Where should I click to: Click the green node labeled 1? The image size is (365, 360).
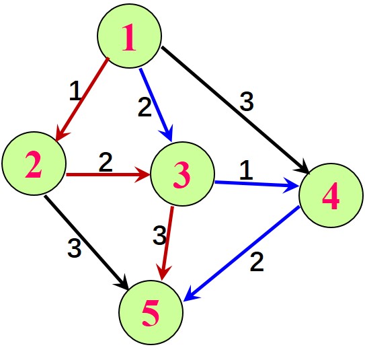[x=130, y=36]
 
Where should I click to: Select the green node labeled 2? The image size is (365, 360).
[x=34, y=164]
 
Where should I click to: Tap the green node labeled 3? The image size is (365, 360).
[x=183, y=174]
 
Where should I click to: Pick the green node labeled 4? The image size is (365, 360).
[x=331, y=195]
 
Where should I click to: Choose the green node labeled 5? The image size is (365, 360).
[x=151, y=312]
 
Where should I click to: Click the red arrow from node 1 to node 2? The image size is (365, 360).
[x=82, y=100]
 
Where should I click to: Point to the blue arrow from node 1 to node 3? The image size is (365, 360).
[x=156, y=105]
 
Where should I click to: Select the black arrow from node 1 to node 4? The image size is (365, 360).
[x=235, y=110]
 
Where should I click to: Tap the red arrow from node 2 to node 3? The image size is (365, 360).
[x=108, y=174]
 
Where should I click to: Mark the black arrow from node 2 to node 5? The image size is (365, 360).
[x=87, y=242]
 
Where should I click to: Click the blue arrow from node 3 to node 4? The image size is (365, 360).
[x=257, y=184]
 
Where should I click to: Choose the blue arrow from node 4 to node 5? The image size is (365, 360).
[x=241, y=254]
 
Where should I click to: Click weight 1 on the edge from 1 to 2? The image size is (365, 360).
[x=75, y=91]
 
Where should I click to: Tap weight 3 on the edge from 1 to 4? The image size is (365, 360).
[x=247, y=102]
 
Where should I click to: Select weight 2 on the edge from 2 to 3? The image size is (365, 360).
[x=106, y=162]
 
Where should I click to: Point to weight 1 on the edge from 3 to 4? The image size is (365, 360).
[x=246, y=170]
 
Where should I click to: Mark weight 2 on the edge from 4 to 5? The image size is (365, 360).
[x=257, y=262]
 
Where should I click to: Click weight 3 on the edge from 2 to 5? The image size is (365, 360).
[x=75, y=248]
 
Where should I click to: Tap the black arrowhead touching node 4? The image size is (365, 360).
[x=303, y=167]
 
